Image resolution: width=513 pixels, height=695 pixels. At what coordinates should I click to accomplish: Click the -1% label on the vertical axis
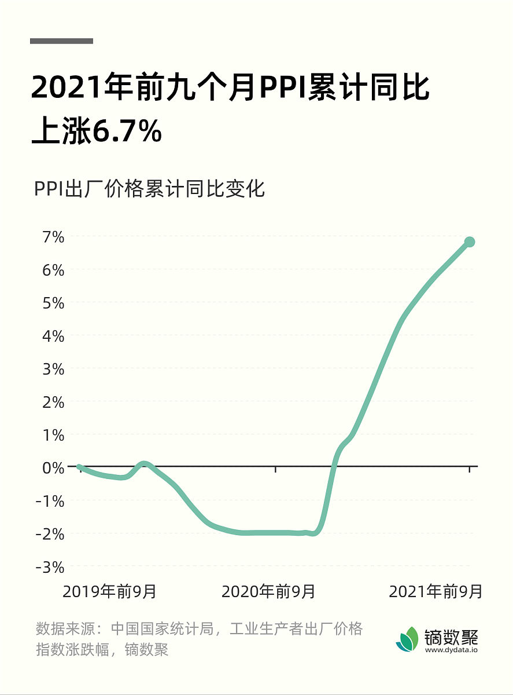(50, 500)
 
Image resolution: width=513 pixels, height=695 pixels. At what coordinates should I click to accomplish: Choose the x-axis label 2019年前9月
(109, 591)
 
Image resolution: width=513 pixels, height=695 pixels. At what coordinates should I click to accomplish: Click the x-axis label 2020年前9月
(268, 591)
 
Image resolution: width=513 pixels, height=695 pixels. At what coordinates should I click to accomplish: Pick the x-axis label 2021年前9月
(436, 591)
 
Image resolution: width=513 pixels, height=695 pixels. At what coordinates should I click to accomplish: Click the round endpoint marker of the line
(470, 242)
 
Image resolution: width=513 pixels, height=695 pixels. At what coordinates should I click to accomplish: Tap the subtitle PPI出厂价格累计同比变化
(149, 189)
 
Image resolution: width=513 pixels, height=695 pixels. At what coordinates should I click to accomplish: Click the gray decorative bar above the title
(61, 41)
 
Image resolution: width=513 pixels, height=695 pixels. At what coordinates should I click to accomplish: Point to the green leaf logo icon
(407, 639)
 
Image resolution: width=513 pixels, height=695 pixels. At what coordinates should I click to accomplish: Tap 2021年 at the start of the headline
(73, 89)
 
